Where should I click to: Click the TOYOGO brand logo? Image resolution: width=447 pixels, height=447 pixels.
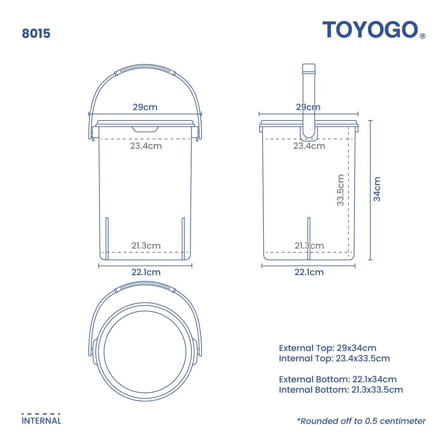pos(370,30)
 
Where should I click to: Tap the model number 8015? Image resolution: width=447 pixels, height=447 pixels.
pos(36,34)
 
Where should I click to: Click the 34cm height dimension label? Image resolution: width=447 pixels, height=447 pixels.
pos(377,189)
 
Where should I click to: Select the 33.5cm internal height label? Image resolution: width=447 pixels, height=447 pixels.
pos(340,190)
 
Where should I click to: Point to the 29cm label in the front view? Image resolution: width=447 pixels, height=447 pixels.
pos(145,107)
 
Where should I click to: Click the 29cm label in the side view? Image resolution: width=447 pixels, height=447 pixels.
pos(308,107)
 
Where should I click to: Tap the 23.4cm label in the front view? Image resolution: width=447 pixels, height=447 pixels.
pos(146,146)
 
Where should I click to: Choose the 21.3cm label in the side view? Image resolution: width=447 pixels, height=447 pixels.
pos(309,246)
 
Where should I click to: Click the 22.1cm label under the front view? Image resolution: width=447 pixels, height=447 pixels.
pos(146,272)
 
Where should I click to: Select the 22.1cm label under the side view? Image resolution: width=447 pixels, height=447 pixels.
pos(309,272)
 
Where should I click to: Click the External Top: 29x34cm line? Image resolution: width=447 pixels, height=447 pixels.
pos(327,348)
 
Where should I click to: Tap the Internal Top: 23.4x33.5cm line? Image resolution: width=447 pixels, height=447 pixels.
pos(334,359)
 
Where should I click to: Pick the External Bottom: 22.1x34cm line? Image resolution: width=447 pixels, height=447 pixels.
pos(338,379)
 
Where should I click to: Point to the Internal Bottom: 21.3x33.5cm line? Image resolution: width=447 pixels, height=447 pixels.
pos(341,390)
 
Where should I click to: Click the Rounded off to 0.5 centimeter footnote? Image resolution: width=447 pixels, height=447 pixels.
pos(361,421)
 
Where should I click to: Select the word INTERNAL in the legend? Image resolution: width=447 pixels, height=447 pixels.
pos(42,421)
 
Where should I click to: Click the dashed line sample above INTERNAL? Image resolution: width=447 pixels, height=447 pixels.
pos(41,414)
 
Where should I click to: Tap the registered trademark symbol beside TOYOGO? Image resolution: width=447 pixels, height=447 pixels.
pos(423,36)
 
